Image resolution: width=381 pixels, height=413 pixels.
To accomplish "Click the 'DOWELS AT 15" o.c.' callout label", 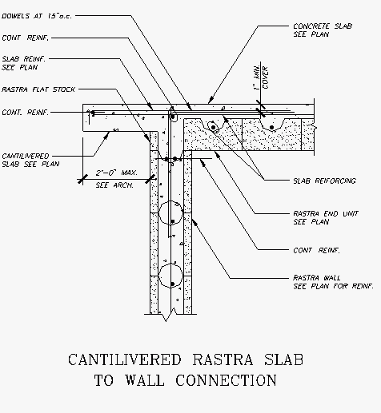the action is coord(37,16).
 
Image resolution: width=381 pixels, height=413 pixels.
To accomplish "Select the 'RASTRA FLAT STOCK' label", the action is coord(38,89).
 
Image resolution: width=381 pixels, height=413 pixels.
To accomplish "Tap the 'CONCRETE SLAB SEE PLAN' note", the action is coord(323,30).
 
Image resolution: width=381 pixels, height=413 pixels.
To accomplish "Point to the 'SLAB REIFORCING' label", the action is coord(324,181).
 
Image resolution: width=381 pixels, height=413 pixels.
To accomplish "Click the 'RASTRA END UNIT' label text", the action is coord(326,213).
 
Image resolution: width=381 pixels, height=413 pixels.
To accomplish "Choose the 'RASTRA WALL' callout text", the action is coord(317,278).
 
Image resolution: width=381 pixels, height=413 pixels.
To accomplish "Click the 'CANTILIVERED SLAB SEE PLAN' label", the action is coord(30,160).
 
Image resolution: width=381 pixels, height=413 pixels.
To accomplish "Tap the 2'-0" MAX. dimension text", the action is coord(116,173).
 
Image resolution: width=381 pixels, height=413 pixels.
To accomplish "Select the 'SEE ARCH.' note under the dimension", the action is coord(114,185).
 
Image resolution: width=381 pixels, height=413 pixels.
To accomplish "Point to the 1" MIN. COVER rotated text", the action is coord(261,77).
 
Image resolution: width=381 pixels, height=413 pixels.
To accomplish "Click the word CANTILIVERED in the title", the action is coord(125,359).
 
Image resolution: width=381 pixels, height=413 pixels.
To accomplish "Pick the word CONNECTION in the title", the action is coord(226,380).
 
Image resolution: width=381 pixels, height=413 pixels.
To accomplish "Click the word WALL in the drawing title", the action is coord(145,380).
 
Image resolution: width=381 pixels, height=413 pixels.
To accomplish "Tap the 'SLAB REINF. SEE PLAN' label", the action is coord(23,63).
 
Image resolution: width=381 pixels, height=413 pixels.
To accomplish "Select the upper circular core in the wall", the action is coord(170,212).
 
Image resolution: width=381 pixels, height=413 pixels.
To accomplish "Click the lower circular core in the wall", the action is coord(170,276).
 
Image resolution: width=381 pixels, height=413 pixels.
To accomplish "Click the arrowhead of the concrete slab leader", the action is coord(211,100).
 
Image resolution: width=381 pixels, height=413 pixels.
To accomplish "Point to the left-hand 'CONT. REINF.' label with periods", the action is coord(26,113).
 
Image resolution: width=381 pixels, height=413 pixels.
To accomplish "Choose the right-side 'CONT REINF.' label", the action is coord(316,251).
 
